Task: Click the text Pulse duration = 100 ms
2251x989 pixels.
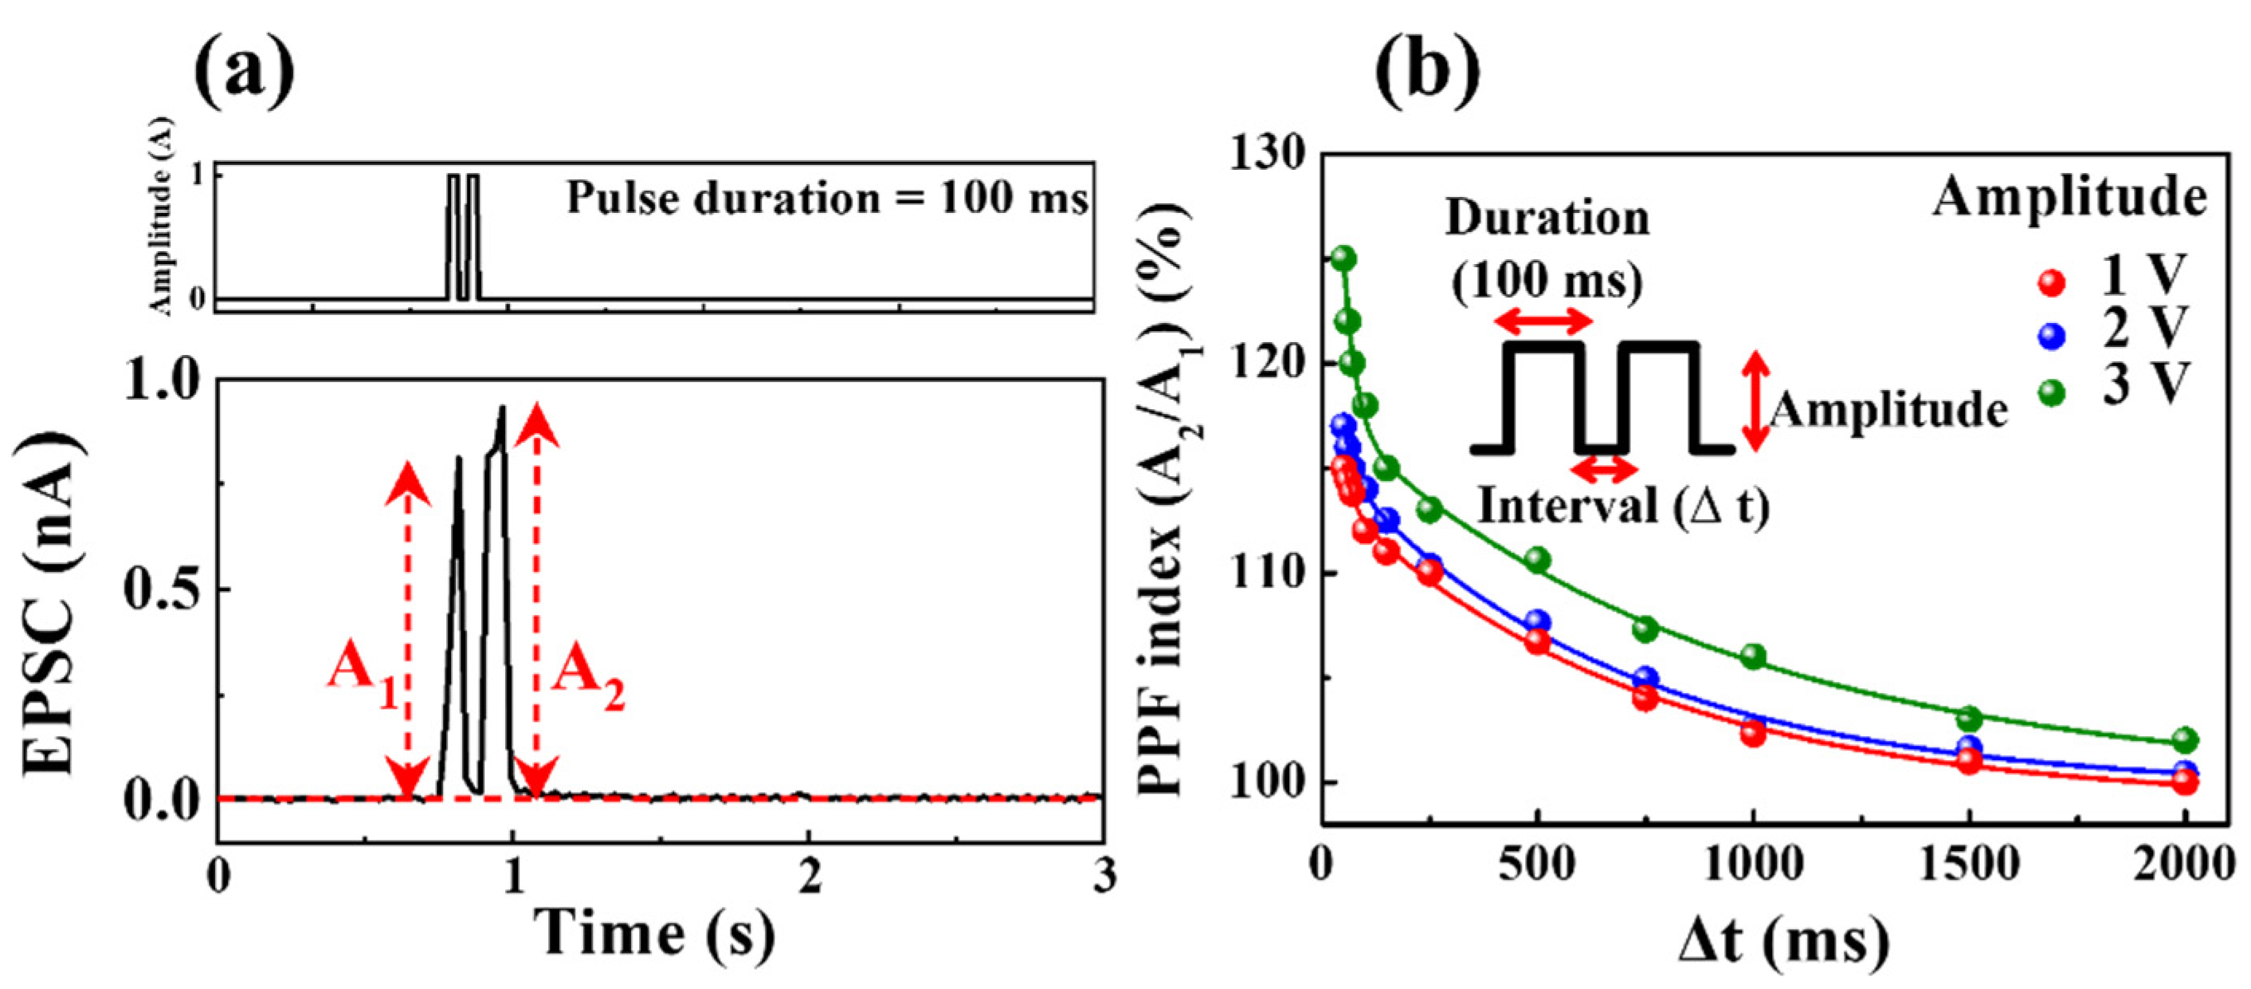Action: click(826, 199)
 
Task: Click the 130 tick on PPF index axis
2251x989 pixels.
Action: click(1269, 154)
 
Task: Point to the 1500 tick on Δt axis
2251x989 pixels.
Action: click(1969, 865)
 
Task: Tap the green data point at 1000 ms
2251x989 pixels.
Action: click(1753, 656)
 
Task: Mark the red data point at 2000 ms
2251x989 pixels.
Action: click(2185, 782)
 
